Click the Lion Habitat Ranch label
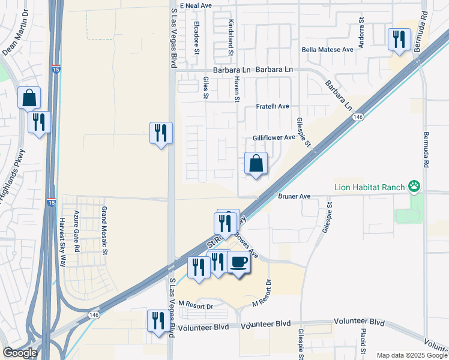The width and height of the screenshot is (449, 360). coord(370,187)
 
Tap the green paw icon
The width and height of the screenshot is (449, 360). coord(414,187)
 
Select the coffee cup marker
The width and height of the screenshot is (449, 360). coord(239,262)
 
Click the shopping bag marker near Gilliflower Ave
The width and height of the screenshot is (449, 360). coord(256,163)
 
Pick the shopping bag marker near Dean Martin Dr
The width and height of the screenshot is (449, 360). coord(29,98)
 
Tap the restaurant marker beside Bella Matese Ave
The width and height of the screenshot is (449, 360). coord(399,40)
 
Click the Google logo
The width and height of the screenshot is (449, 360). coord(20,353)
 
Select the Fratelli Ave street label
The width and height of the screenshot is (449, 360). coord(273,106)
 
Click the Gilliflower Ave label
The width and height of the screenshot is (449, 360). coord(273,137)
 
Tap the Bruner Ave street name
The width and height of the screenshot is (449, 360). coord(294,196)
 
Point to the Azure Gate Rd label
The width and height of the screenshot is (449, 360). coord(77,231)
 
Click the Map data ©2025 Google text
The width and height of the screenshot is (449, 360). coord(412,355)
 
